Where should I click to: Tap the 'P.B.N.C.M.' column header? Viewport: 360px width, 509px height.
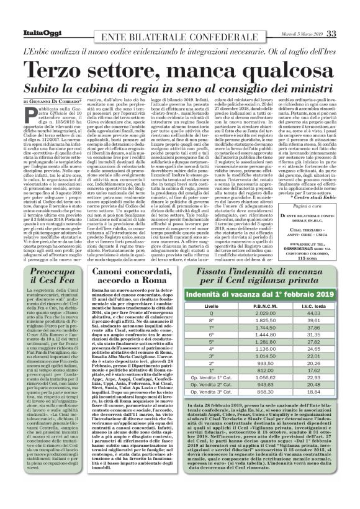pos(254,306)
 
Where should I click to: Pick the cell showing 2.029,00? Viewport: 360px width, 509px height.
pos(254,314)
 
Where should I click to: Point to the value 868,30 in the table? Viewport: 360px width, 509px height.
pos(254,392)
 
